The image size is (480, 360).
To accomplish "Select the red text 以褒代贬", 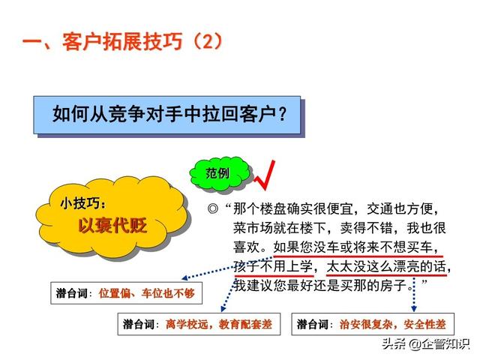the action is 112,226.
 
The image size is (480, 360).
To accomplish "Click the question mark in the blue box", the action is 283,113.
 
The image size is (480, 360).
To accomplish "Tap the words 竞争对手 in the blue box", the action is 145,113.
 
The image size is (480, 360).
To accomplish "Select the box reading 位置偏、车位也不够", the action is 127,293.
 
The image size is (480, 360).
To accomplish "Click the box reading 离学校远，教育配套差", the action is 199,324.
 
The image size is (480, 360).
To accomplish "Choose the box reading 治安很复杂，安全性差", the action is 373,324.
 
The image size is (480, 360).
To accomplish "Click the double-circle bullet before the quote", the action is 213,208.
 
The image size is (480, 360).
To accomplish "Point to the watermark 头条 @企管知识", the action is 425,343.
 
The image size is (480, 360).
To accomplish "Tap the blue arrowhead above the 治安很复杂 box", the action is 414,308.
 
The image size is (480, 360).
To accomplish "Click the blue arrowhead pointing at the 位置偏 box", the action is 185,278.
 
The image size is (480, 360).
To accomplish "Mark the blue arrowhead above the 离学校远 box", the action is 223,308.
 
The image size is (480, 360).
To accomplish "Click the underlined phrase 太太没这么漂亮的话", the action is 386,267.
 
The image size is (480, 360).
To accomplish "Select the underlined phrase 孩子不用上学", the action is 273,267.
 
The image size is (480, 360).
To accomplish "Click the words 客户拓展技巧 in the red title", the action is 122,41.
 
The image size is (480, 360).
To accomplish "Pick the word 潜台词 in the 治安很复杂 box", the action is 312,324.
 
